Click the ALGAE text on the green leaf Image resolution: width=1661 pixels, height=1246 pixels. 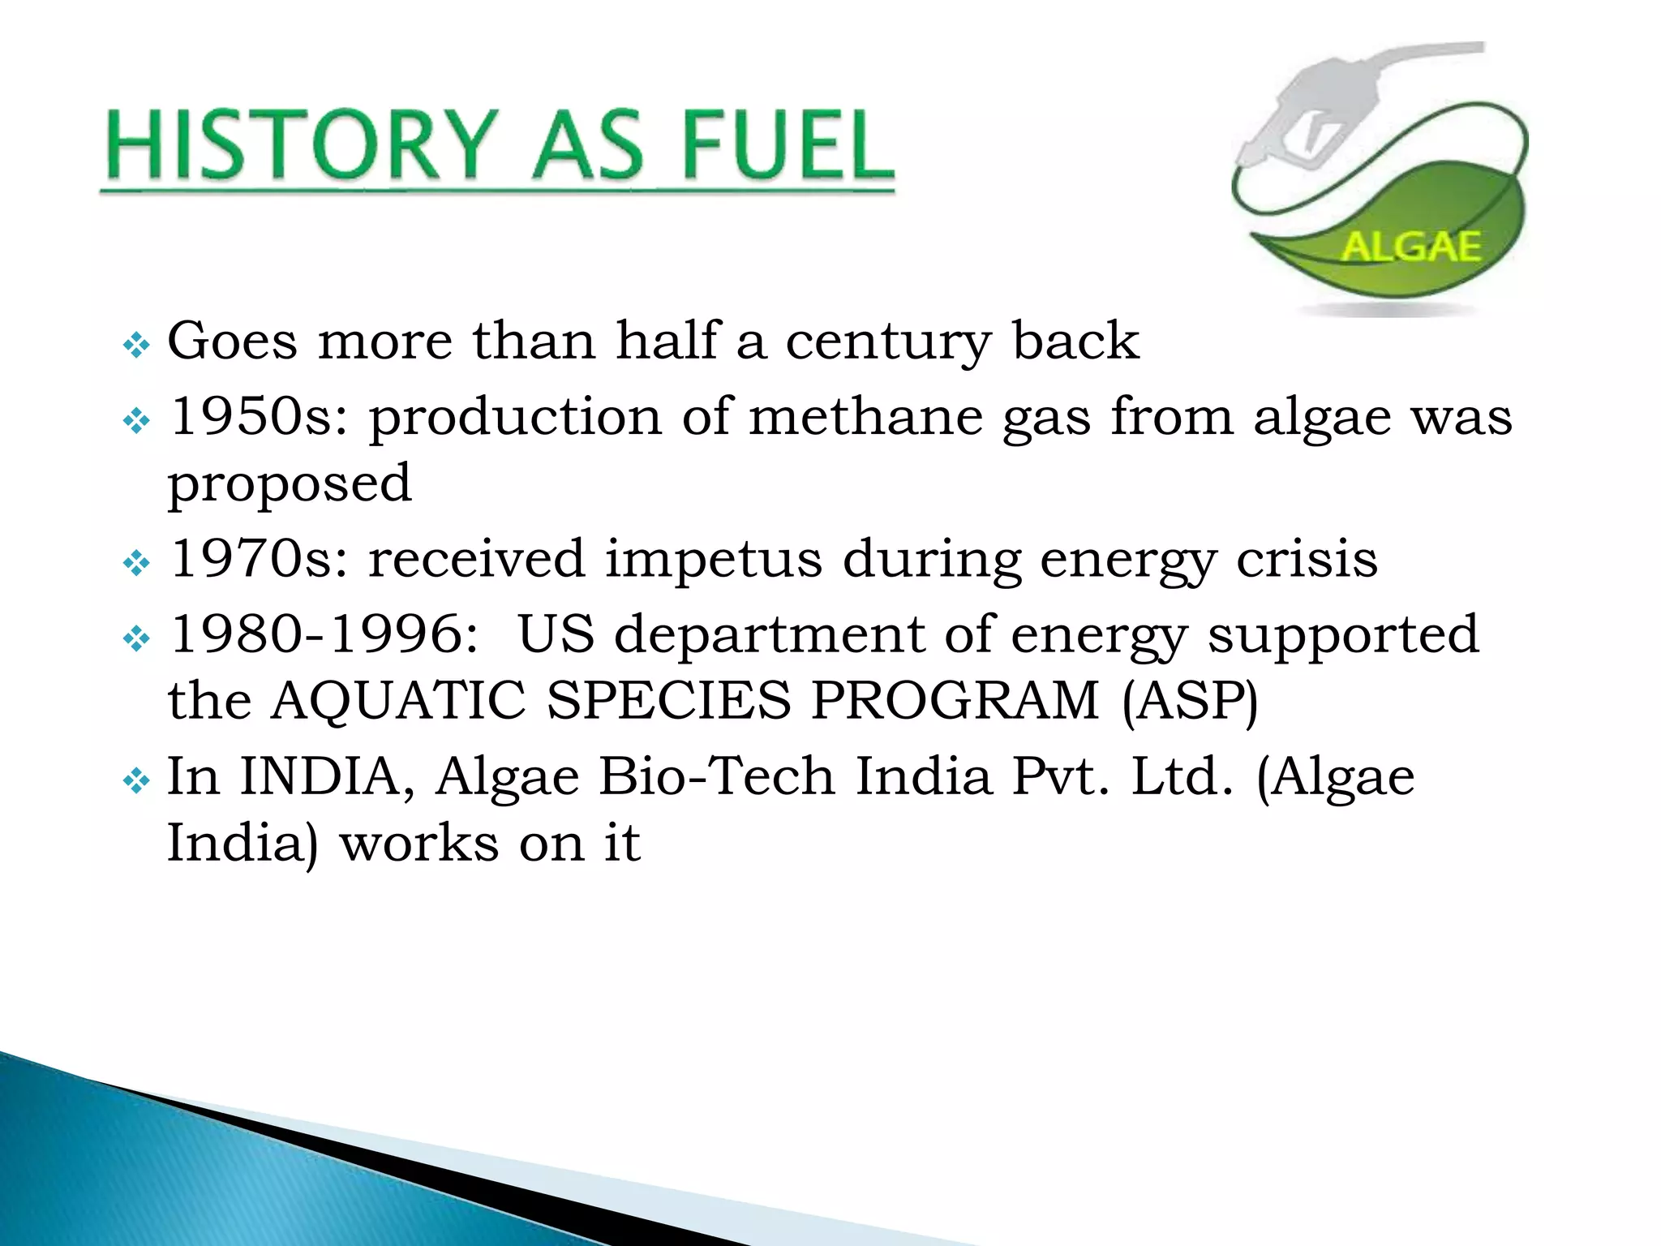click(1411, 247)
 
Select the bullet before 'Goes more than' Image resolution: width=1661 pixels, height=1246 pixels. click(136, 346)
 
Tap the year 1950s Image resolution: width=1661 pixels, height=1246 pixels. click(259, 417)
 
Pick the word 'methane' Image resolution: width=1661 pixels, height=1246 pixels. click(865, 417)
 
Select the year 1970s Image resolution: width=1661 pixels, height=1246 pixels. click(259, 559)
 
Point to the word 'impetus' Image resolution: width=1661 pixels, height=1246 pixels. click(714, 561)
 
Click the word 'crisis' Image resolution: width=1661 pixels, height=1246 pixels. click(1307, 559)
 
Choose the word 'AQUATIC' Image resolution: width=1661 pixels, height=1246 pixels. click(399, 701)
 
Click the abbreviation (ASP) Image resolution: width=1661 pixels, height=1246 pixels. click(1190, 701)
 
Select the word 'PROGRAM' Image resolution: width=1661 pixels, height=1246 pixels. click(955, 701)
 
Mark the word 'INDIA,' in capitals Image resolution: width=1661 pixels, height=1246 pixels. click(328, 777)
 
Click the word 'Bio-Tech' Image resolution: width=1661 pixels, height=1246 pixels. click(717, 776)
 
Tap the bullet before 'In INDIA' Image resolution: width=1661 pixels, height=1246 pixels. click(136, 782)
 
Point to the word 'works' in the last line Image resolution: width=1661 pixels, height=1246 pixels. click(418, 844)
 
